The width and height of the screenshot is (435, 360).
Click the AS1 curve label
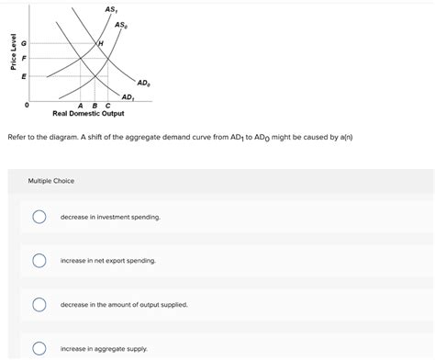click(x=112, y=9)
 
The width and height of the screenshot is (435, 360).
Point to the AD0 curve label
click(x=144, y=83)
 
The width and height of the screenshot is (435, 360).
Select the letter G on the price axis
click(x=25, y=43)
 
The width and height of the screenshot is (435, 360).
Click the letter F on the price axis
click(x=25, y=59)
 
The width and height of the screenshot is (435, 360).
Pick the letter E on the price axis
click(x=25, y=76)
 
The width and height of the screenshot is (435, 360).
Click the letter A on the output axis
click(x=80, y=105)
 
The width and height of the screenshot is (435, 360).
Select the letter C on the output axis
click(x=107, y=105)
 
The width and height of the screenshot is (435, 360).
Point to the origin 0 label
click(x=27, y=105)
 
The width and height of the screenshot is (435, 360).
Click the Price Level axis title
click(x=12, y=54)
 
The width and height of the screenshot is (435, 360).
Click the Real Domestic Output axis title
click(x=88, y=113)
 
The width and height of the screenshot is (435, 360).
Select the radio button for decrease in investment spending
click(x=39, y=218)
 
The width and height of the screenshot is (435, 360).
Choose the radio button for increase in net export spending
click(x=39, y=261)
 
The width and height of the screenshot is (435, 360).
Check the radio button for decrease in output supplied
click(x=39, y=304)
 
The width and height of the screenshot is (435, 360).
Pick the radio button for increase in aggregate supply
click(x=39, y=348)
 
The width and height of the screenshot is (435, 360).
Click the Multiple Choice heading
click(x=51, y=181)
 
